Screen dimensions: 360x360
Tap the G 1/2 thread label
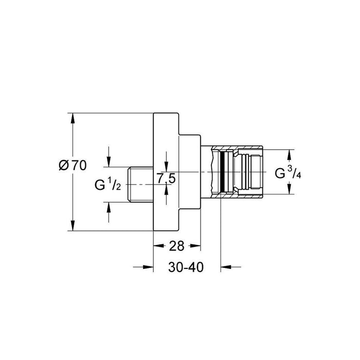107,184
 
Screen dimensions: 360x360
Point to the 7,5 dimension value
166,178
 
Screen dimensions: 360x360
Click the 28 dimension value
176,246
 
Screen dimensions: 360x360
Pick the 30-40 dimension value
187,267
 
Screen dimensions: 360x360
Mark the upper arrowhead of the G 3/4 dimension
289,153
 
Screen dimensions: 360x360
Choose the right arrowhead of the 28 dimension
196,246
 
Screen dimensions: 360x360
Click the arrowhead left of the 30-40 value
150,267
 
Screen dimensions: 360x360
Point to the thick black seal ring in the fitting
222,171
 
